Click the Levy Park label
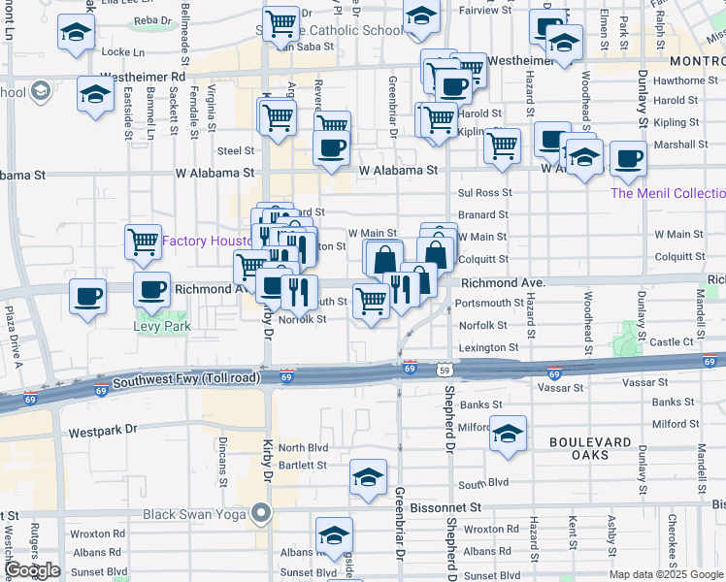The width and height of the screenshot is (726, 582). click(162, 326)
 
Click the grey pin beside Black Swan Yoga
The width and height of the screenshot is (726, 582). click(260, 512)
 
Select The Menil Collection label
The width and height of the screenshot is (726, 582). click(668, 193)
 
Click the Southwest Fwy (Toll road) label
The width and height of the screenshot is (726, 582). click(190, 382)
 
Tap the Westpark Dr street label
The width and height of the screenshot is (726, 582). click(103, 428)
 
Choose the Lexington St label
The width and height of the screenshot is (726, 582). click(488, 347)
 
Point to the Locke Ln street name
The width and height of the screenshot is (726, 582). click(121, 51)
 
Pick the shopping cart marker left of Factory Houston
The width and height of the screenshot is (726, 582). click(144, 241)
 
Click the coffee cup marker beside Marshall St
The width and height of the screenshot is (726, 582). click(628, 159)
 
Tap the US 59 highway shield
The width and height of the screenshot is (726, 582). click(444, 370)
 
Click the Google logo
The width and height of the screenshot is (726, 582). click(33, 570)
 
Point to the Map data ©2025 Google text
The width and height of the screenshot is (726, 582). click(666, 574)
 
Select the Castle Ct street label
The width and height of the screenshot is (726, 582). click(671, 341)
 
